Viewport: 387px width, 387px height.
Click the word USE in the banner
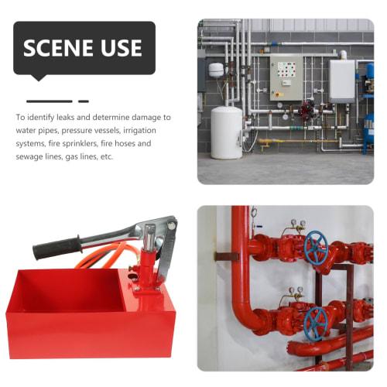click(x=121, y=48)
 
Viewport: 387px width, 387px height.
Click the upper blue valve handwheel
click(x=315, y=248)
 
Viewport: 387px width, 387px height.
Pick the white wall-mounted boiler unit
click(x=341, y=80)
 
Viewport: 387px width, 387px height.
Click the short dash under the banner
click(x=83, y=101)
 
